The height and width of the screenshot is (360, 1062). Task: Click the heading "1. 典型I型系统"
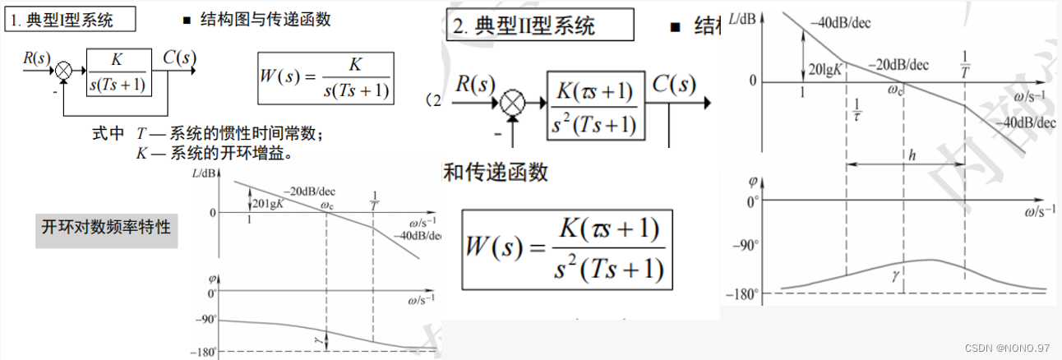(x=70, y=21)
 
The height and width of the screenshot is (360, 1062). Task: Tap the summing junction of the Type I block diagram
(x=65, y=72)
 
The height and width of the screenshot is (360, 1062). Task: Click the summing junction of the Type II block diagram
(x=514, y=103)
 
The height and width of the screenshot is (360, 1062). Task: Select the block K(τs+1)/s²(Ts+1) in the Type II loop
(x=596, y=103)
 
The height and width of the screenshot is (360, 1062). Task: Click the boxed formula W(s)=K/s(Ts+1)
(x=326, y=79)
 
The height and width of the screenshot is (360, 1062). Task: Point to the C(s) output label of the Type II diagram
(x=674, y=84)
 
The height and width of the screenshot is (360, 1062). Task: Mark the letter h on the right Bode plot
(x=911, y=155)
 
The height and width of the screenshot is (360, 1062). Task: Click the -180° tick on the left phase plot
(x=204, y=352)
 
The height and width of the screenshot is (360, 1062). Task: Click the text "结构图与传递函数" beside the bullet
(x=265, y=21)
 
